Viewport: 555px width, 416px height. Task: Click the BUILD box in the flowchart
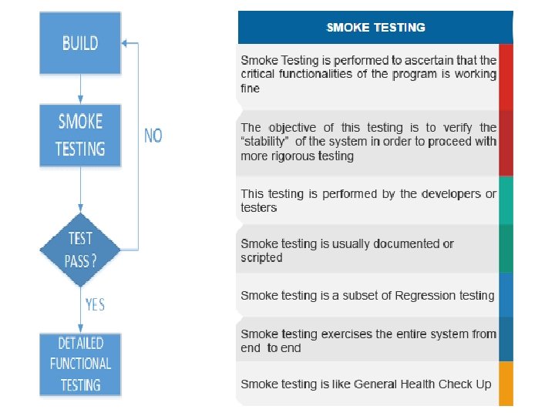[x=80, y=42]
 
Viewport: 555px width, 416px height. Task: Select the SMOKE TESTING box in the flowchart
[x=80, y=135]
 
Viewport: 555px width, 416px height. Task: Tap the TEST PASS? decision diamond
[x=81, y=250]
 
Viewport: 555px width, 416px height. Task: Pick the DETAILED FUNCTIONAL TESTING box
[x=80, y=363]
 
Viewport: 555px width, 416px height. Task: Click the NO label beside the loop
[x=153, y=136]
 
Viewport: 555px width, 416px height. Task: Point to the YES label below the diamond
[x=95, y=305]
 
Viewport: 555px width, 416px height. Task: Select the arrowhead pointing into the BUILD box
[x=126, y=43]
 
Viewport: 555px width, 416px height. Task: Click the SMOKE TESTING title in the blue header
[x=375, y=28]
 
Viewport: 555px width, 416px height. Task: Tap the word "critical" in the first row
[x=260, y=74]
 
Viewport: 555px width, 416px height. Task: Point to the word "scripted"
[x=261, y=258]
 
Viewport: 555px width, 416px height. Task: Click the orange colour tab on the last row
[x=506, y=384]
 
